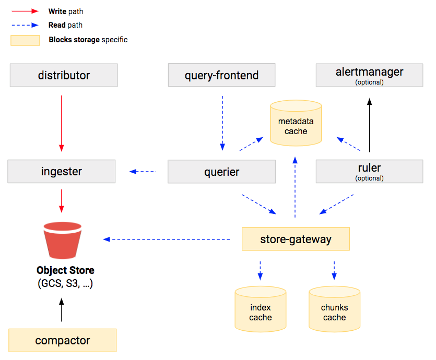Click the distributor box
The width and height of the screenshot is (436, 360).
[x=64, y=76]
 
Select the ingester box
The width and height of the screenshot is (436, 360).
[x=62, y=172]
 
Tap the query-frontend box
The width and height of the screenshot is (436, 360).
[x=221, y=76]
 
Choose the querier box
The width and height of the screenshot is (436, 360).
[x=221, y=172]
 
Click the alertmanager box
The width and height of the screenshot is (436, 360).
[x=369, y=75]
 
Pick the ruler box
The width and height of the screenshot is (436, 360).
[x=369, y=171]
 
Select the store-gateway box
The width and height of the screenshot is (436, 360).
[x=296, y=239]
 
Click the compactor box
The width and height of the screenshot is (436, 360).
[x=63, y=341]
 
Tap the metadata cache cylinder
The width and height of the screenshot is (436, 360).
[x=296, y=123]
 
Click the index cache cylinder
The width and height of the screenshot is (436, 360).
[x=260, y=310]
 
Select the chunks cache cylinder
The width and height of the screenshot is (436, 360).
[x=334, y=310]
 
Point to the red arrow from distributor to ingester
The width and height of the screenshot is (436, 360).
[x=62, y=123]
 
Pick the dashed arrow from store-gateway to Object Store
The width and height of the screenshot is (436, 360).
[x=167, y=239]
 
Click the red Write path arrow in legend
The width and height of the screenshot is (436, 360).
[x=25, y=10]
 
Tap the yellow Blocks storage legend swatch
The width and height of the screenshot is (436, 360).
[x=25, y=40]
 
